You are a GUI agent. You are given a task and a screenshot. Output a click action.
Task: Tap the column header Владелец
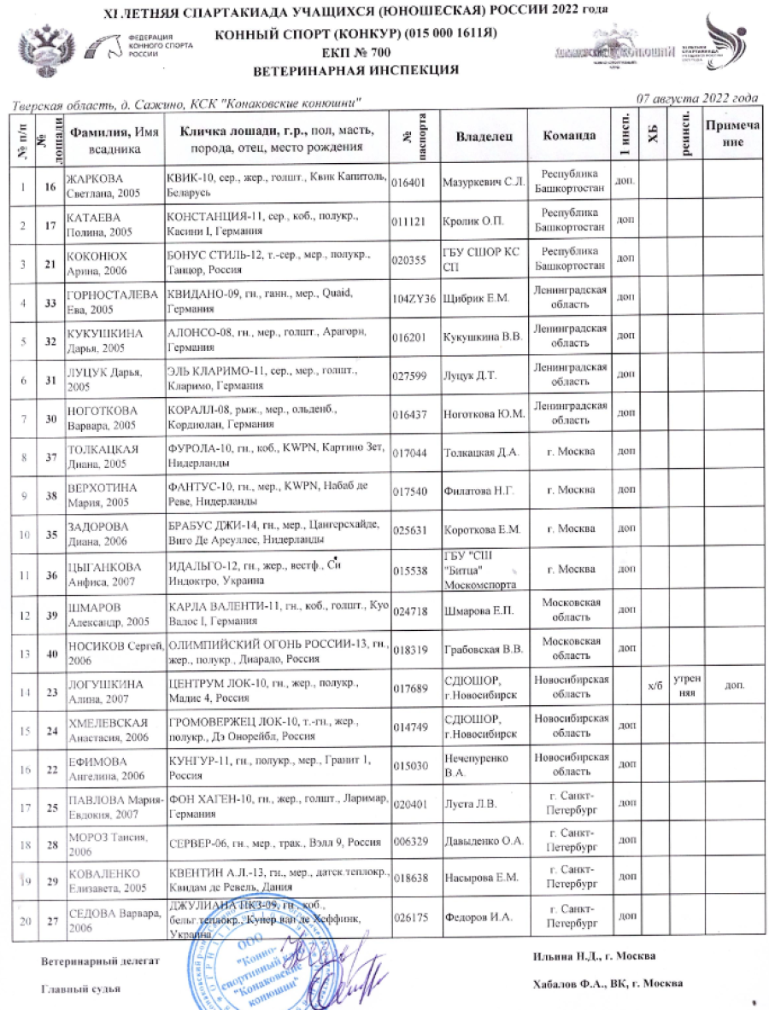click(484, 136)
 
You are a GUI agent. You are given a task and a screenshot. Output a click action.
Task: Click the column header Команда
click(569, 136)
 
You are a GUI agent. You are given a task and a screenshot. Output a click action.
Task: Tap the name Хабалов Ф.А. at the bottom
click(564, 983)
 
